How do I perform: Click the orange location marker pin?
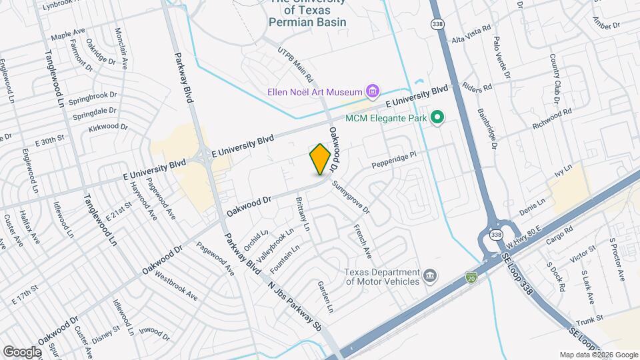click(320, 159)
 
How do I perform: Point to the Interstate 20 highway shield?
click(471, 277)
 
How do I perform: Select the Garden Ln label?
click(325, 297)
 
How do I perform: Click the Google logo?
click(22, 351)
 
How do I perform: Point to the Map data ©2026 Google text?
click(599, 355)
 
